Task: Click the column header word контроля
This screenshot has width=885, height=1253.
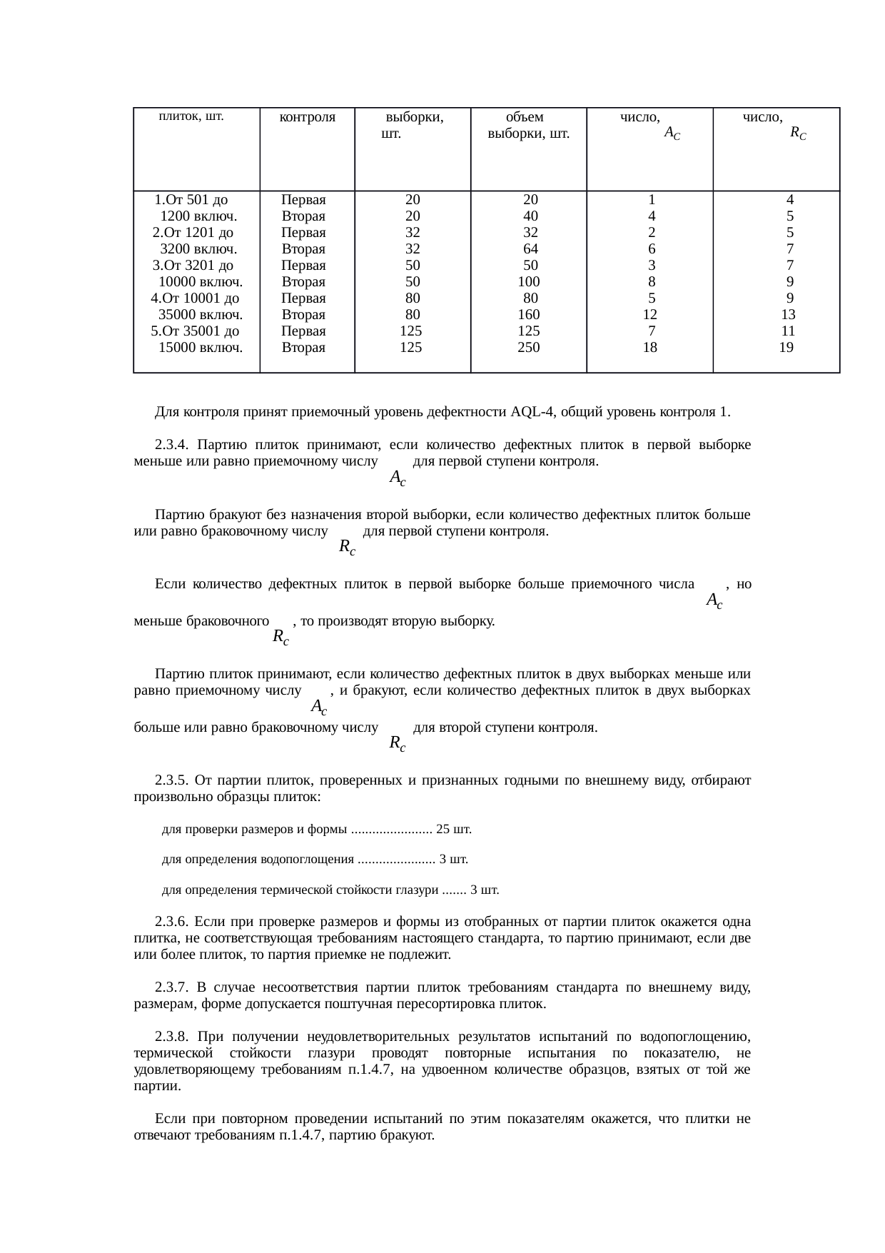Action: pyautogui.click(x=307, y=117)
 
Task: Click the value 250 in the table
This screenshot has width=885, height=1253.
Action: pyautogui.click(x=529, y=348)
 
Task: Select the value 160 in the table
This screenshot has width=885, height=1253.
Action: pyautogui.click(x=529, y=315)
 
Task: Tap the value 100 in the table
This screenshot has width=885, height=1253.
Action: pyautogui.click(x=529, y=282)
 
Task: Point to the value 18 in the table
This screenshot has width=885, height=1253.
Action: pyautogui.click(x=649, y=348)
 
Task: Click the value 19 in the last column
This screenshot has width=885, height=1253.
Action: pyautogui.click(x=786, y=348)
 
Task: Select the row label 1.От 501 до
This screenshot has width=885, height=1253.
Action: pyautogui.click(x=191, y=200)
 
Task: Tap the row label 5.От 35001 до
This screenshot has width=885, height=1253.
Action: pyautogui.click(x=195, y=331)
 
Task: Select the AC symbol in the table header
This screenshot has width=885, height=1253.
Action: pyautogui.click(x=671, y=133)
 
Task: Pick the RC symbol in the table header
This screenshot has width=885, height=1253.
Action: pyautogui.click(x=798, y=133)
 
